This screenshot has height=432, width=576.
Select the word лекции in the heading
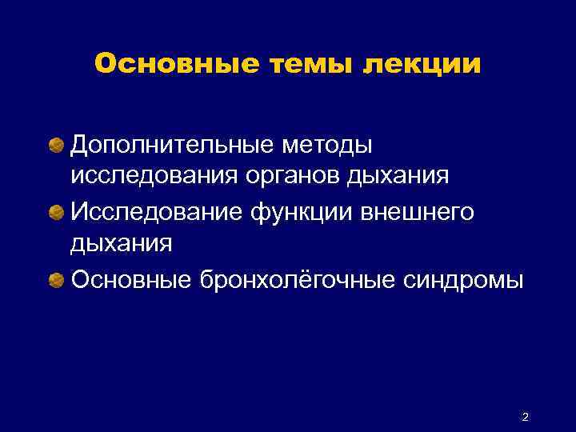422,64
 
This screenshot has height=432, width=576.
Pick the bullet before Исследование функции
58,213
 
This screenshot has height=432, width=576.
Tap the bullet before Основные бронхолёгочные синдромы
58,280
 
